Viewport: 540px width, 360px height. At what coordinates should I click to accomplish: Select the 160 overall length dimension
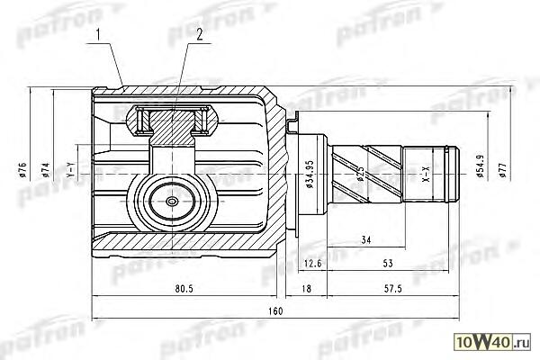click(x=274, y=311)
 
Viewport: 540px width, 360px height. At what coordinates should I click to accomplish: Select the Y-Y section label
click(x=70, y=171)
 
